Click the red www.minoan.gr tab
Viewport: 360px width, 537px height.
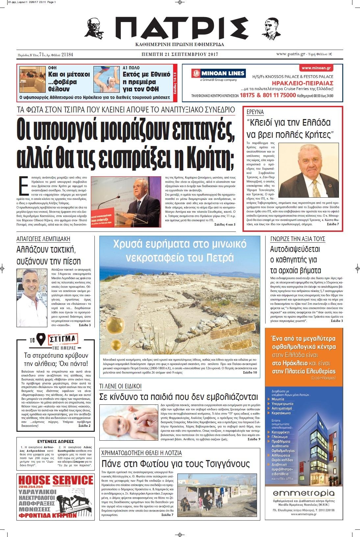(x=316, y=68)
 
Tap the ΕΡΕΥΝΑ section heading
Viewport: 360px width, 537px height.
(x=255, y=112)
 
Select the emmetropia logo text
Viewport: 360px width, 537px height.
(x=303, y=493)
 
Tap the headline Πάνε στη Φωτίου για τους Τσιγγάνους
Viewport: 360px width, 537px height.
(x=175, y=464)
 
